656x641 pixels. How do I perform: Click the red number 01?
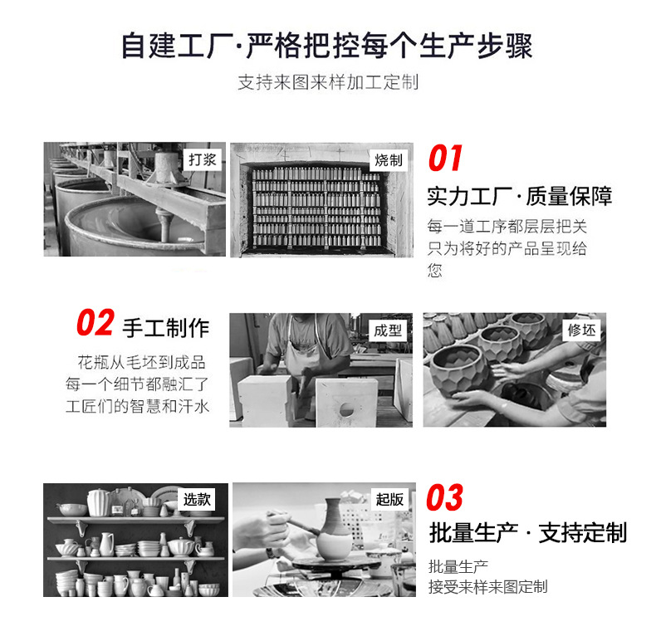(x=445, y=159)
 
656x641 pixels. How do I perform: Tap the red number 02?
(x=95, y=324)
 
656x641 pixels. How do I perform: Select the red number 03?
(x=445, y=498)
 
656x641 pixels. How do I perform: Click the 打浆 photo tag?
(x=202, y=158)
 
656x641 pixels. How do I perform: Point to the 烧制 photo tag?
(x=388, y=159)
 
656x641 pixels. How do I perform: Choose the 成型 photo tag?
(x=388, y=330)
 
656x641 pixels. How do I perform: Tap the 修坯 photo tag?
(x=581, y=330)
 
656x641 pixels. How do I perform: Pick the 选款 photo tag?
(x=198, y=499)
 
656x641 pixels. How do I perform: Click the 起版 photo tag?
(x=389, y=499)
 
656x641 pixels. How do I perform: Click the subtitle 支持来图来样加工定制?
(x=328, y=83)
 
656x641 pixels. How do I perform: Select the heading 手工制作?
(x=166, y=327)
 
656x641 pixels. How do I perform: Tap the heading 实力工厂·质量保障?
(x=520, y=197)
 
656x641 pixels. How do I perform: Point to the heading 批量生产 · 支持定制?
(x=527, y=532)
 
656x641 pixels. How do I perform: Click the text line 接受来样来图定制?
(x=487, y=587)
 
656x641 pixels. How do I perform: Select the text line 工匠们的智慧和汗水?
(x=139, y=407)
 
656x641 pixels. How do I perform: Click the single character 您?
(x=435, y=270)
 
